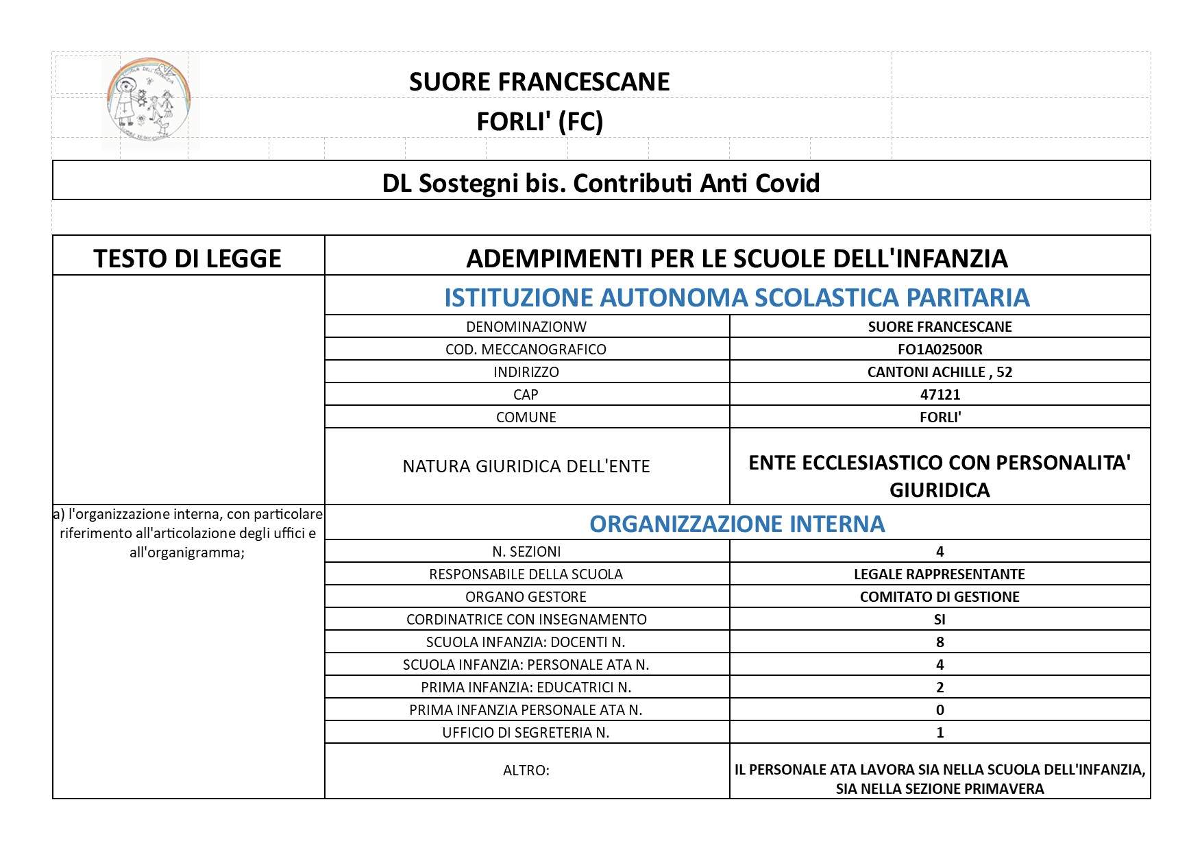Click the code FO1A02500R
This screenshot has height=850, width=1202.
click(x=940, y=349)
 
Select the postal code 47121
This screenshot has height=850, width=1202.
click(x=940, y=394)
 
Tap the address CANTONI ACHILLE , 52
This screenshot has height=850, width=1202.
click(x=940, y=372)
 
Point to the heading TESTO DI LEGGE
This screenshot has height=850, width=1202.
click(x=187, y=258)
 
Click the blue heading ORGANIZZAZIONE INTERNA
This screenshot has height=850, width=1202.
click(x=737, y=523)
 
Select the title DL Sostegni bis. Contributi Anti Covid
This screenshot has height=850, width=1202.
click(x=600, y=182)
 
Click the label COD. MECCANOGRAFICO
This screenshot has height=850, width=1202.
click(x=526, y=349)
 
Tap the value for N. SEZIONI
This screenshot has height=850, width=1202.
click(x=940, y=551)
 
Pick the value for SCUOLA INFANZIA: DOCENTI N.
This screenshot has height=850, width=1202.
click(x=940, y=642)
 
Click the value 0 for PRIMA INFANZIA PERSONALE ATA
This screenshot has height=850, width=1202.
click(x=940, y=709)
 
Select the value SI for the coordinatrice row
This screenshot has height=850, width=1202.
click(x=940, y=619)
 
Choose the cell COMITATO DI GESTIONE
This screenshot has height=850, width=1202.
click(x=940, y=596)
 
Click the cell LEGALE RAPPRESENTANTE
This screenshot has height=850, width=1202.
click(x=940, y=574)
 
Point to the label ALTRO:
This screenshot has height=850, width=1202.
click(x=526, y=770)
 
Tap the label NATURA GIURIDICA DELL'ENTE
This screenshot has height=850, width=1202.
click(x=526, y=466)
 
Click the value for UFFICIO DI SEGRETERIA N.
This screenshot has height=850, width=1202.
click(x=940, y=732)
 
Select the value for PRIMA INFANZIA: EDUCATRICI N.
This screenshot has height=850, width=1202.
click(x=940, y=687)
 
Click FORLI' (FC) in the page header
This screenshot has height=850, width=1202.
click(x=539, y=121)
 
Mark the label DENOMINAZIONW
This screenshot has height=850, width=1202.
click(x=526, y=326)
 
